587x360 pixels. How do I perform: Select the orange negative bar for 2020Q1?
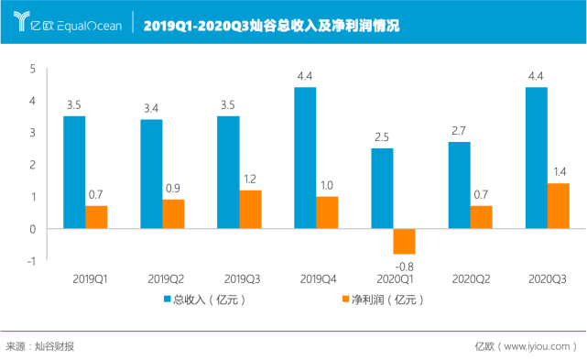tap(404, 242)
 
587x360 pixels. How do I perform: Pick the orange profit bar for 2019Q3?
tap(250, 209)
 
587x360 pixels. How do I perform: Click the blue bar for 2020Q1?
tap(382, 188)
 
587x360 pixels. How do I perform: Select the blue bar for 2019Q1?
tap(74, 171)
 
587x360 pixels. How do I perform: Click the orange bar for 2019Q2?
tap(173, 213)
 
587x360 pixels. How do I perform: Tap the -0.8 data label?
tap(404, 266)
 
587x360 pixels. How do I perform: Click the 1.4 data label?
tap(560, 172)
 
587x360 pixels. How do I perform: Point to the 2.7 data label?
tap(459, 131)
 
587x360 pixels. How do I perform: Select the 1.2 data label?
tap(251, 179)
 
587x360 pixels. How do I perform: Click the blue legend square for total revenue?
tap(168, 299)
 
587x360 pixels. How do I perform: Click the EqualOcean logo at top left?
tap(64, 24)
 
